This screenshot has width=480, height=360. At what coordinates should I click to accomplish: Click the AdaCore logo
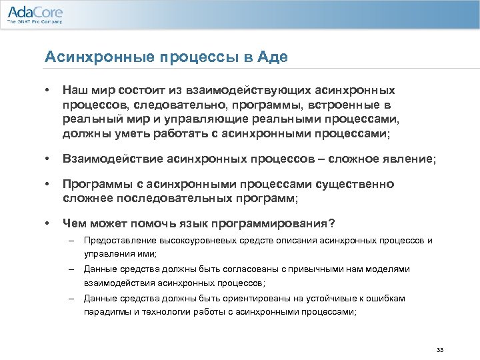(x=35, y=11)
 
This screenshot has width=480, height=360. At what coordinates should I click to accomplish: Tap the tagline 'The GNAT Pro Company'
(x=35, y=22)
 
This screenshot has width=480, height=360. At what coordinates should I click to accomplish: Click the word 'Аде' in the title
(x=275, y=57)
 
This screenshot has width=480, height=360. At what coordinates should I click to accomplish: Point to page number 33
(x=439, y=349)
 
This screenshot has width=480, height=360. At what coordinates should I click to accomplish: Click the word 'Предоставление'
(x=119, y=241)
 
